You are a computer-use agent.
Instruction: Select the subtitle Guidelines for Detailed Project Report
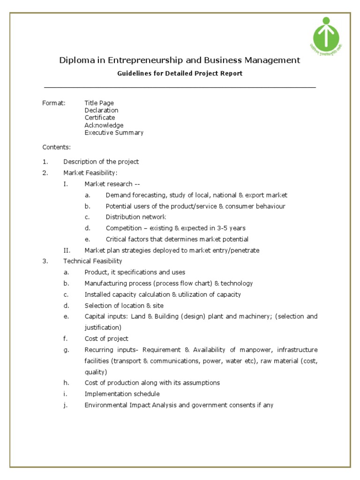(179, 74)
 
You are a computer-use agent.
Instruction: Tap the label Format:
(54, 103)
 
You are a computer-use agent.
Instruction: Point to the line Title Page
(99, 103)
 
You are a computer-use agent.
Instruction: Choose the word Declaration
(101, 110)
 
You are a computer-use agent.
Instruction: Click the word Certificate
(99, 118)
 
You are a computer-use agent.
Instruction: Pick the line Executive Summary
(114, 133)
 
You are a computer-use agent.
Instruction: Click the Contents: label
(56, 147)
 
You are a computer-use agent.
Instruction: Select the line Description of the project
(101, 162)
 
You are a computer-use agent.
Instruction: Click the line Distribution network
(136, 217)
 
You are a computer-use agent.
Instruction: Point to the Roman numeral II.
(66, 250)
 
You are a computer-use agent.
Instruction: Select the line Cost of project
(106, 338)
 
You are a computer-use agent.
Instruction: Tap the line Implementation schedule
(122, 394)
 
